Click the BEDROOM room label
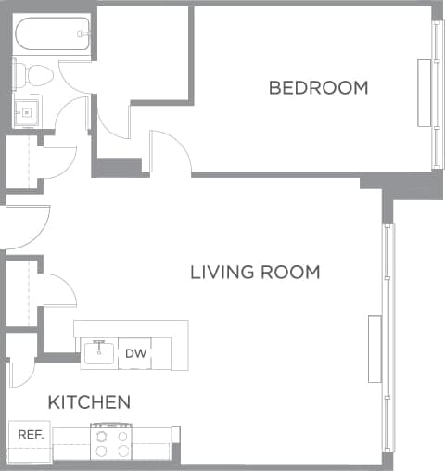pyautogui.click(x=318, y=88)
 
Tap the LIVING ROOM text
pyautogui.click(x=255, y=273)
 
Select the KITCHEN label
pyautogui.click(x=89, y=402)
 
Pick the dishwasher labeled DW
pyautogui.click(x=135, y=353)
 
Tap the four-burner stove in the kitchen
pyautogui.click(x=111, y=441)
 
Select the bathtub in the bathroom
pyautogui.click(x=52, y=35)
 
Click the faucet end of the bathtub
pyautogui.click(x=83, y=34)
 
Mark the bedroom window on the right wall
pyautogui.click(x=436, y=93)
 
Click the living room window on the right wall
pyautogui.click(x=388, y=343)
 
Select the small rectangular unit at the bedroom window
pyautogui.click(x=425, y=93)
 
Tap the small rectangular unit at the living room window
pyautogui.click(x=375, y=349)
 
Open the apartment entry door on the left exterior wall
pyautogui.click(x=26, y=228)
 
